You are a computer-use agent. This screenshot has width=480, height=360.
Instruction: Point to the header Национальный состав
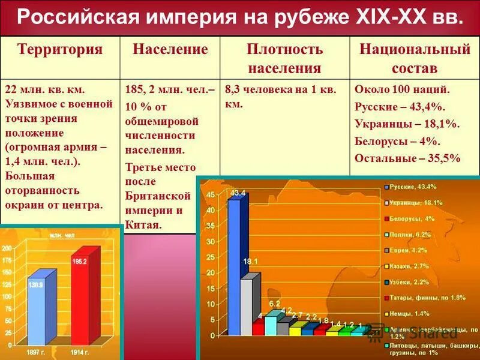[x=414, y=59]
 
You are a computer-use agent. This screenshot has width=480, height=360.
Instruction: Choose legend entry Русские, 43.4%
[x=414, y=188]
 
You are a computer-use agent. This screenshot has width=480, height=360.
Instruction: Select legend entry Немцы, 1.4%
[x=411, y=314]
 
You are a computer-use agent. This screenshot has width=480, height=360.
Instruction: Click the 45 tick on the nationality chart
[x=210, y=196]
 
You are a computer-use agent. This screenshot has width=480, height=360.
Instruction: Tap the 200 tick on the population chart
[x=5, y=248]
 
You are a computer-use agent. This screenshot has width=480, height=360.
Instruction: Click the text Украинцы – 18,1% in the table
[x=406, y=124]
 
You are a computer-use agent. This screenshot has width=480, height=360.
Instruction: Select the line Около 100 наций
[x=402, y=91]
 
